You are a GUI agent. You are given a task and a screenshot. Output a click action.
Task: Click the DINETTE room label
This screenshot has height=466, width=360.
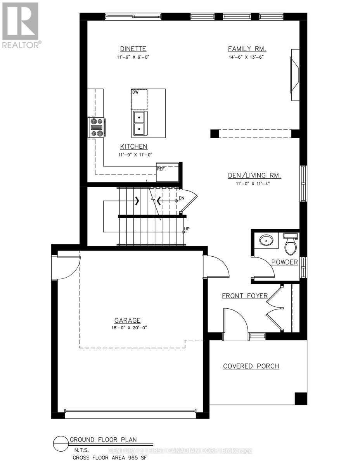pos(133,49)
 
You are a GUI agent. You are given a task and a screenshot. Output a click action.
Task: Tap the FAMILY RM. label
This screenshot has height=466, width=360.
pos(246,49)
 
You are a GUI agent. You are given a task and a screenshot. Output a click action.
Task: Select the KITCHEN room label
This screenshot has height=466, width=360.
pos(133,146)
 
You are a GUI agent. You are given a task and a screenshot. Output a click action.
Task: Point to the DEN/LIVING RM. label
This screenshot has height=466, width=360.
pos(254,176)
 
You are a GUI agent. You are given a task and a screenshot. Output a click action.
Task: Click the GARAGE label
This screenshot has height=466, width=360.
pos(127,320)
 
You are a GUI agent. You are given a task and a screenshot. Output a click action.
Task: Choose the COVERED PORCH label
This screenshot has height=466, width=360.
pos(251,366)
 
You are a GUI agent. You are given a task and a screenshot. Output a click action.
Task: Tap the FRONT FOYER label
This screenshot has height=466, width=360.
pos(244,296)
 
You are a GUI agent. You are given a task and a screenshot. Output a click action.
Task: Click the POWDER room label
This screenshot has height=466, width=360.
pos(284,262)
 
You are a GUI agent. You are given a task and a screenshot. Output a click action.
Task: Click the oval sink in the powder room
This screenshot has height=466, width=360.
pos(266,240)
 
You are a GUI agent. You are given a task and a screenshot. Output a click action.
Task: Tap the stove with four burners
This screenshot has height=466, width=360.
pos(96,127)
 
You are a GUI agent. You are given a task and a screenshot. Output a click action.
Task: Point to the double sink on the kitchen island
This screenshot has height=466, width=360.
pos(139,123)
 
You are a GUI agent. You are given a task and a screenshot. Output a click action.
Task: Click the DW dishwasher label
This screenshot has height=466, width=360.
pos(135,92)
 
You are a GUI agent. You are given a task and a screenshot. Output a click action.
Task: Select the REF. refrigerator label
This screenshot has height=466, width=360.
pos(161,169)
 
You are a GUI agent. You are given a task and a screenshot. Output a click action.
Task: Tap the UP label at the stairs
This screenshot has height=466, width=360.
pos(187,229)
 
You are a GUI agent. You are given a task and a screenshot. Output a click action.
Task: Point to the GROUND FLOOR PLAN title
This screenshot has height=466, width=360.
pos(103,440)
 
